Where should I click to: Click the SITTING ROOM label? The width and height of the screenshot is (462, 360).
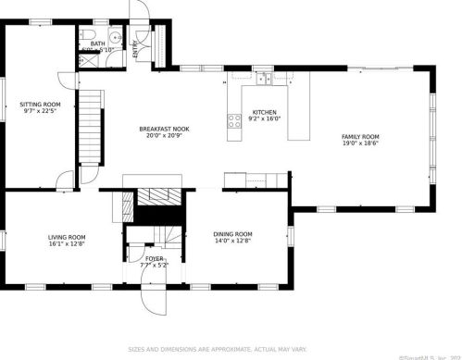pyautogui.click(x=40, y=105)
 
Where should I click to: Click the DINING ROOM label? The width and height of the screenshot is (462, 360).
pyautogui.click(x=232, y=234)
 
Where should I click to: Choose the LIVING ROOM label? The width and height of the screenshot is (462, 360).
pyautogui.click(x=67, y=238)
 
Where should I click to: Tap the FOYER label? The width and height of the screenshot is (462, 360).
pyautogui.click(x=153, y=258)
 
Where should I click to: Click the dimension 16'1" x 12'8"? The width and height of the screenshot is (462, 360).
pyautogui.click(x=67, y=245)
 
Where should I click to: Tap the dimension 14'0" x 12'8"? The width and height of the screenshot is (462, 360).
pyautogui.click(x=232, y=242)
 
